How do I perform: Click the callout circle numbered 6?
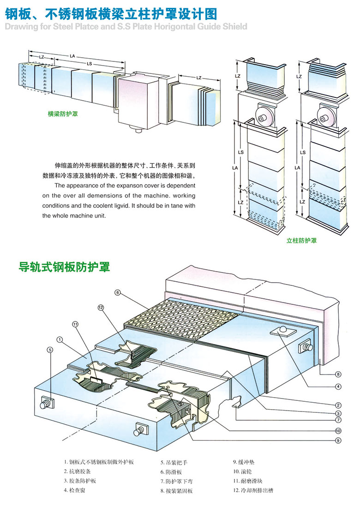(x=118, y=292)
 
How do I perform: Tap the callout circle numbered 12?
(x=101, y=307)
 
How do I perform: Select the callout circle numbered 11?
(x=76, y=324)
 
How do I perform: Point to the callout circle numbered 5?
(x=50, y=350)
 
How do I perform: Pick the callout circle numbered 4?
(x=338, y=387)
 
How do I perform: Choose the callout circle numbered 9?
(x=338, y=440)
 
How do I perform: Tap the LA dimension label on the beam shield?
(x=72, y=55)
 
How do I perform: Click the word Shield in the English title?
(x=233, y=26)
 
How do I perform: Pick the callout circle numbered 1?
(x=60, y=339)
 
